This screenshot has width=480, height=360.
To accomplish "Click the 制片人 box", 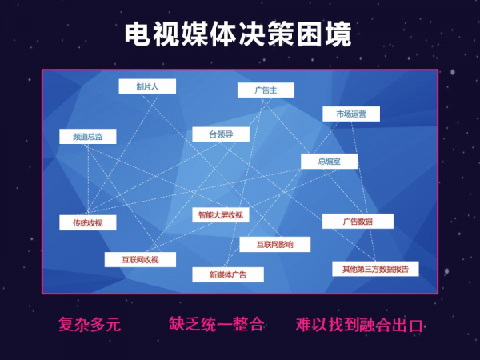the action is pyautogui.click(x=147, y=86).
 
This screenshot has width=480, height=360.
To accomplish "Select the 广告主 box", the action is pyautogui.click(x=266, y=90).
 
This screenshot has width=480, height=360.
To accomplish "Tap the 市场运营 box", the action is pyautogui.click(x=351, y=114).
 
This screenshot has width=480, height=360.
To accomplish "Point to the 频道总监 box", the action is pyautogui.click(x=88, y=137).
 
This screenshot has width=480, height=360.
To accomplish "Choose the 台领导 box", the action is pyautogui.click(x=221, y=134).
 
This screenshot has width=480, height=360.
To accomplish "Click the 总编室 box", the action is pyautogui.click(x=329, y=161).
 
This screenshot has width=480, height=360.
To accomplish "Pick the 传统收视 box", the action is pyautogui.click(x=88, y=222).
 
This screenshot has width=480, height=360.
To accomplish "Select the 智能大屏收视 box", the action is pyautogui.click(x=221, y=215).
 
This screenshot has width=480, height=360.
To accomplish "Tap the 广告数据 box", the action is pyautogui.click(x=358, y=221).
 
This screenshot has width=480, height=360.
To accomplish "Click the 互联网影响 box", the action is pyautogui.click(x=275, y=244).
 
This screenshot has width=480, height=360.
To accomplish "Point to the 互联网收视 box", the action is pyautogui.click(x=140, y=259).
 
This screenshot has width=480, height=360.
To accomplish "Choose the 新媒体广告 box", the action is pyautogui.click(x=228, y=274).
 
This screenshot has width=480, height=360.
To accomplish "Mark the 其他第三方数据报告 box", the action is pyautogui.click(x=376, y=269).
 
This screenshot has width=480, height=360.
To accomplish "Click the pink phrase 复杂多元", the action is pyautogui.click(x=90, y=324).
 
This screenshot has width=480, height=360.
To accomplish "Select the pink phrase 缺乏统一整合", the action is pyautogui.click(x=217, y=324).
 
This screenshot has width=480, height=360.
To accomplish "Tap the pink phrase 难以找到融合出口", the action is pyautogui.click(x=359, y=325).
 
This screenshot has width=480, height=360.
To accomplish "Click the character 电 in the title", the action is pyautogui.click(x=138, y=34).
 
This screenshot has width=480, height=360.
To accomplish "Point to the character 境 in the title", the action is pyautogui.click(x=338, y=34).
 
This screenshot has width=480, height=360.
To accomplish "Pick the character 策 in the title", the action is pyautogui.click(x=281, y=34).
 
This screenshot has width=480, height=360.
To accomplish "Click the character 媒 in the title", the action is pyautogui.click(x=194, y=34).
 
